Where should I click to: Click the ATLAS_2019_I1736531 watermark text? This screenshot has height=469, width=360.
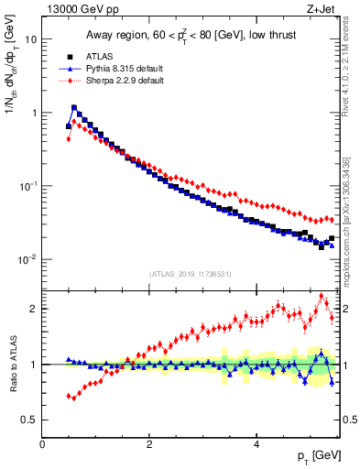(x=191, y=274)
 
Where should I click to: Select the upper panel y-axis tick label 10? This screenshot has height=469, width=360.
(x=30, y=40)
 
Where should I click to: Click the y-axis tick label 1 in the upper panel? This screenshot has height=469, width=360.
(x=33, y=114)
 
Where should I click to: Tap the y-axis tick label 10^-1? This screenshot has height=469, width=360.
(x=28, y=186)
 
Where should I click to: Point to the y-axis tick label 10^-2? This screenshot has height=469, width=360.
(x=28, y=259)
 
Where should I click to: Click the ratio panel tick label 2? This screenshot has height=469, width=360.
(x=33, y=309)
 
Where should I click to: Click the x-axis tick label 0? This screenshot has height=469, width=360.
(x=42, y=444)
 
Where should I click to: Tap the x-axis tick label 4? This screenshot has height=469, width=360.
(x=256, y=444)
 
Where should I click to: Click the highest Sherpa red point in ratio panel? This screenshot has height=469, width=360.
(x=322, y=296)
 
